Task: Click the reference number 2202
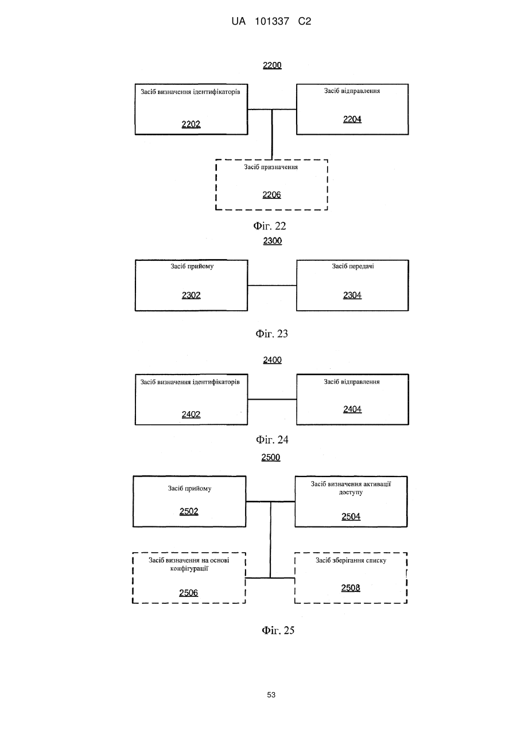click(191, 124)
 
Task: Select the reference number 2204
click(352, 119)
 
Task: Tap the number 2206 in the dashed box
click(271, 195)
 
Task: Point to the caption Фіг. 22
click(270, 226)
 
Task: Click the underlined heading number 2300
click(273, 241)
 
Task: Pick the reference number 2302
click(191, 295)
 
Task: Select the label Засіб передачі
click(352, 266)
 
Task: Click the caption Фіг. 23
click(271, 334)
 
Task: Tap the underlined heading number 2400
click(273, 360)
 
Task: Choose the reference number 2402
click(191, 415)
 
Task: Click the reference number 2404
click(352, 409)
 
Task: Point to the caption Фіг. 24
click(272, 440)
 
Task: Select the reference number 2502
click(189, 512)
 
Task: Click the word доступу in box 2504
click(351, 492)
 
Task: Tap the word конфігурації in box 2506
click(189, 569)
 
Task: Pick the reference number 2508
click(351, 588)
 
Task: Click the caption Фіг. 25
click(278, 630)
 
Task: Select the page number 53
click(271, 695)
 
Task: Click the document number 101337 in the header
click(272, 22)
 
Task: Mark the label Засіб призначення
click(271, 167)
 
